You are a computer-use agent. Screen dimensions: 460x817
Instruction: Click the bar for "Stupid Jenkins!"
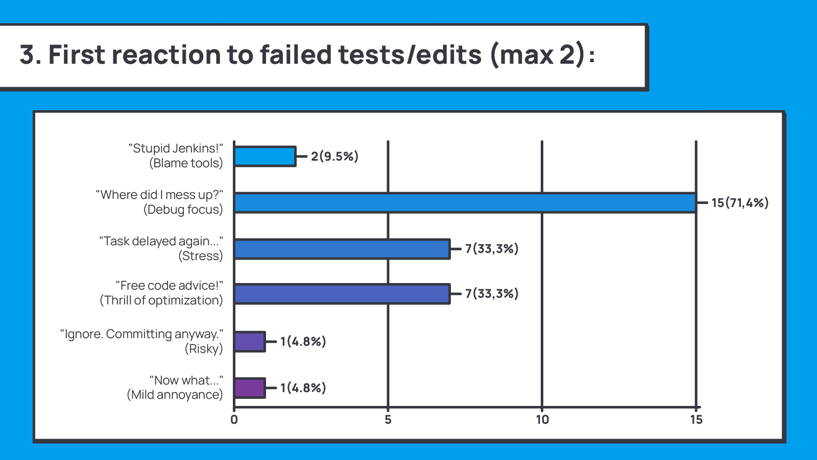(x=265, y=157)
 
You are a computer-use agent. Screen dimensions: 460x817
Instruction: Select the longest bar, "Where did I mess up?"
(x=465, y=203)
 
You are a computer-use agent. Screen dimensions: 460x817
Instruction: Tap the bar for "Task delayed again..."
(x=342, y=249)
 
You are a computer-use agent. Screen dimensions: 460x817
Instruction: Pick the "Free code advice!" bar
(x=342, y=294)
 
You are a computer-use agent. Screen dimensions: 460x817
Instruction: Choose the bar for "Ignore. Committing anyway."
(x=250, y=342)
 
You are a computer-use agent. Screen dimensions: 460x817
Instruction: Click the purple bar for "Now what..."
(x=250, y=388)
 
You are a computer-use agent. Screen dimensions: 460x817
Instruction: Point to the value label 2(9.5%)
(x=334, y=157)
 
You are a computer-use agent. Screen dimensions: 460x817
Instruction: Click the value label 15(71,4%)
(x=740, y=203)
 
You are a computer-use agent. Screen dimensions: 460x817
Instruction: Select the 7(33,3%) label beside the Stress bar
(x=491, y=249)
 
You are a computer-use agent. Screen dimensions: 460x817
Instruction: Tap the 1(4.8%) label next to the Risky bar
(x=303, y=342)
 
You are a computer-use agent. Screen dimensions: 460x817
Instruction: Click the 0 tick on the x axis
(x=234, y=420)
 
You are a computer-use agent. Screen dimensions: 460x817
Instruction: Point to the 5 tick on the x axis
(x=388, y=420)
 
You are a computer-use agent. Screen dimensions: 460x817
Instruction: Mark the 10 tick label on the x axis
(x=542, y=420)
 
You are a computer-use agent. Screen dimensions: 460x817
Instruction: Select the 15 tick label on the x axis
(x=696, y=420)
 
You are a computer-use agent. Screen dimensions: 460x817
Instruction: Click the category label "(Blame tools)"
(x=186, y=163)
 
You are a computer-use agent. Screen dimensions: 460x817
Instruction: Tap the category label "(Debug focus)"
(x=183, y=210)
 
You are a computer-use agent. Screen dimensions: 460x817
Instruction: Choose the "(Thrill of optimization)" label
(x=161, y=300)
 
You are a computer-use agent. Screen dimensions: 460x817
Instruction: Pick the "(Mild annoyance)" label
(x=175, y=395)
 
